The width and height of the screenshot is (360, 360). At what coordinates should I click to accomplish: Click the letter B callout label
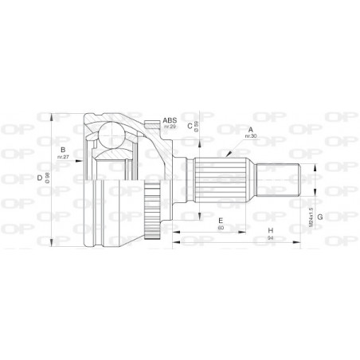[61, 148]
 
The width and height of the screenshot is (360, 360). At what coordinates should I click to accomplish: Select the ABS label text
[170, 119]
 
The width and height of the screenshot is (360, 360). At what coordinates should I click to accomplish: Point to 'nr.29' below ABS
[170, 127]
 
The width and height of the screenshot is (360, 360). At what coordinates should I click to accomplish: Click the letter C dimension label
[190, 124]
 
